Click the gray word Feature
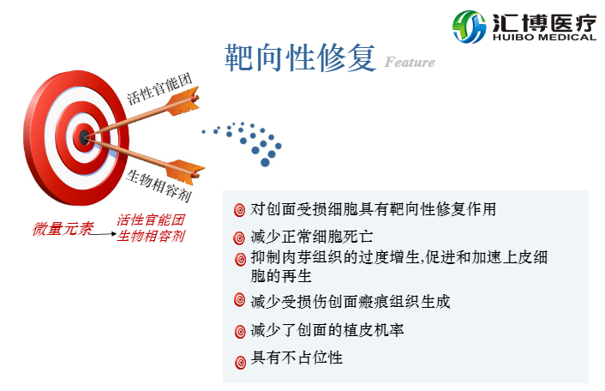point(410,62)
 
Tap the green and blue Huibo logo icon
point(469,26)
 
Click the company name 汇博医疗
point(544,20)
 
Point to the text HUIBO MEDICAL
point(544,38)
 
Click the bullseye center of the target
point(84,135)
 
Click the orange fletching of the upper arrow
point(182,102)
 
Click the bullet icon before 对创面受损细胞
point(239,210)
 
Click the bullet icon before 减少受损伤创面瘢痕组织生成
point(239,300)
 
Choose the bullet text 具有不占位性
point(297,358)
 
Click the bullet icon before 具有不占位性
point(239,358)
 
